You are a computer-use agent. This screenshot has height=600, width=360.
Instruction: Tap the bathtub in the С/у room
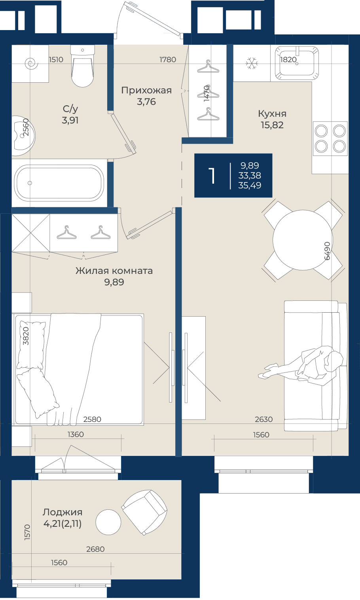[x=59, y=183]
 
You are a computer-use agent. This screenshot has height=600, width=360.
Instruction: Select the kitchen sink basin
[x=297, y=63]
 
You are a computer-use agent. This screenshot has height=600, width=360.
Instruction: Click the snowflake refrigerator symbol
[x=252, y=63]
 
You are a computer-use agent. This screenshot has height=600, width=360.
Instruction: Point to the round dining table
[x=303, y=240]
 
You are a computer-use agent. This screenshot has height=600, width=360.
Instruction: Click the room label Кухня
[x=272, y=114]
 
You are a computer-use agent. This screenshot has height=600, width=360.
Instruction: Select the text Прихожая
[x=146, y=90]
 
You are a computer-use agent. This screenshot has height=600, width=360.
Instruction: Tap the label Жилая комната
[x=114, y=271]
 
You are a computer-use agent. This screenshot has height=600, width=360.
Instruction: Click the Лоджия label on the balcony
[x=63, y=512]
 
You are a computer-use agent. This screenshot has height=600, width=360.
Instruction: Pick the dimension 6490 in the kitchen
[x=327, y=251]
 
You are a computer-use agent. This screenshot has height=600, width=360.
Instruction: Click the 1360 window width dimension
[x=76, y=434]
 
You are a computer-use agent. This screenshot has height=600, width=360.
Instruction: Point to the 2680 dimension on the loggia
[x=95, y=549]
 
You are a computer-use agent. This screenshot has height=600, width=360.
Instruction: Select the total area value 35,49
[x=250, y=185]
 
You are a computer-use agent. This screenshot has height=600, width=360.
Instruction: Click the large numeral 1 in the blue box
[x=212, y=176]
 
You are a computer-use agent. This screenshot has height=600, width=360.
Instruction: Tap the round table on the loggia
[x=108, y=522]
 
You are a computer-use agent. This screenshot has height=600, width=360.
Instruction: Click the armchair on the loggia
[x=144, y=512]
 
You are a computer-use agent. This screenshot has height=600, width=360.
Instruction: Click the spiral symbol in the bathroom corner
[x=32, y=63]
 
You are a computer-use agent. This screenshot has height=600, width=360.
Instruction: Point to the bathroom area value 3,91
[x=70, y=120]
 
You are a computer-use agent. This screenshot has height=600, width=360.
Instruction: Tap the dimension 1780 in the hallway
[x=168, y=59]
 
